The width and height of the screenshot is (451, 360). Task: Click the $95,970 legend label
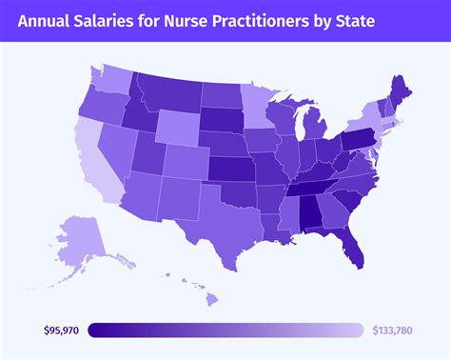63,330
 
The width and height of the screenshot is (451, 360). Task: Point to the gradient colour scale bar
225,330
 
